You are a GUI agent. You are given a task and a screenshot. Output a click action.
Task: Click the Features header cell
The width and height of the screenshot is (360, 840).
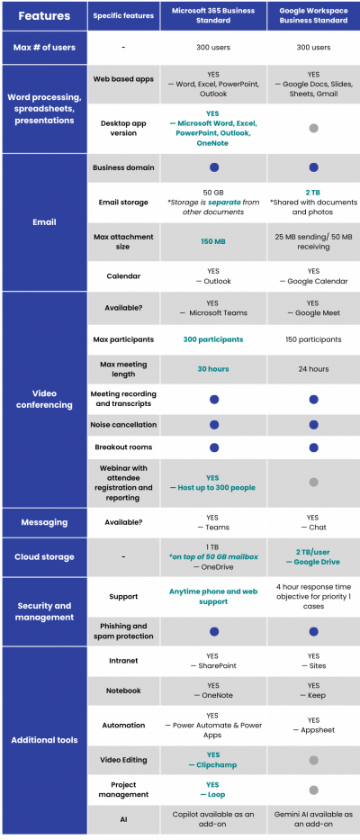click(x=43, y=15)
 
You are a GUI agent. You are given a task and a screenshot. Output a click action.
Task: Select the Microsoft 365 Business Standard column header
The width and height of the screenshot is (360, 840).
click(x=213, y=15)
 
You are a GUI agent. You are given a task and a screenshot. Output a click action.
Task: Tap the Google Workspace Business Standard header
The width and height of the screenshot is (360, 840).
click(x=313, y=15)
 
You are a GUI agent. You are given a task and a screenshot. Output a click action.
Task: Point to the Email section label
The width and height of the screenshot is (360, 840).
click(x=43, y=221)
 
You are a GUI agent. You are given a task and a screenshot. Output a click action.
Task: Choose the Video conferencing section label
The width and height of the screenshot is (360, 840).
click(x=43, y=398)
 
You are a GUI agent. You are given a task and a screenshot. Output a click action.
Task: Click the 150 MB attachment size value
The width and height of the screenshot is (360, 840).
click(x=213, y=241)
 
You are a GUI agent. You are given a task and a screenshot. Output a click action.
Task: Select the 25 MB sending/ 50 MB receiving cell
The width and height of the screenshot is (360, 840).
click(x=313, y=241)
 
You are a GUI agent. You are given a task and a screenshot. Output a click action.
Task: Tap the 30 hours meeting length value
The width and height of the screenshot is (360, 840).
click(x=213, y=367)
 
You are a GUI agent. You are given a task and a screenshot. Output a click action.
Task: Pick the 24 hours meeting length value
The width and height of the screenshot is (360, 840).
click(x=313, y=367)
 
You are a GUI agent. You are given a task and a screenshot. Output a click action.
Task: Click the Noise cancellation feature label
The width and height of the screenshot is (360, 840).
click(x=122, y=424)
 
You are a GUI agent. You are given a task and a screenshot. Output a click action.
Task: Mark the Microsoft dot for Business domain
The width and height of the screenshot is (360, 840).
click(x=213, y=167)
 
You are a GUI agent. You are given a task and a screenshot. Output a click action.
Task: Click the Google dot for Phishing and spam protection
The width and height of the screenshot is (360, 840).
click(x=313, y=631)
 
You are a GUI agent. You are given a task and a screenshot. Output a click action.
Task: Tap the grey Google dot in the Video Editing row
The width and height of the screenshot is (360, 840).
click(x=313, y=760)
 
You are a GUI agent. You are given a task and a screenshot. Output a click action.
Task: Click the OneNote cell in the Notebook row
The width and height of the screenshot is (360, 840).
click(x=213, y=690)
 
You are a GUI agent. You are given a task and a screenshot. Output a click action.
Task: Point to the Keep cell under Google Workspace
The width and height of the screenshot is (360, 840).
click(x=313, y=690)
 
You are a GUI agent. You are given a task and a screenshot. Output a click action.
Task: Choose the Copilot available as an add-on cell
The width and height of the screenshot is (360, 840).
click(x=213, y=819)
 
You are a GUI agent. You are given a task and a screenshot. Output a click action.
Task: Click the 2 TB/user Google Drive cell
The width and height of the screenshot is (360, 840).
click(x=313, y=556)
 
